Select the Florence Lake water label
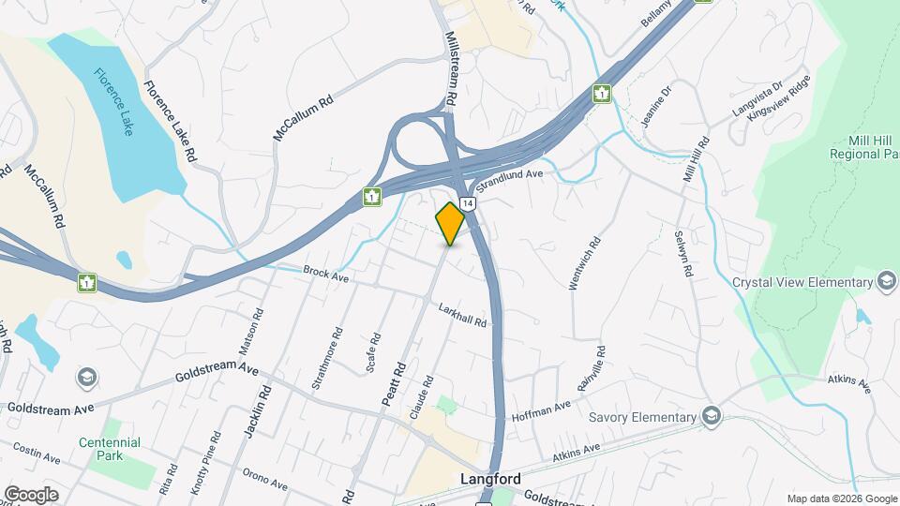(112, 102)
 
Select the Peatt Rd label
(393, 383)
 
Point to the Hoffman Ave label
(541, 410)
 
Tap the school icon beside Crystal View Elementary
(886, 282)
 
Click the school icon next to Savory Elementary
(712, 417)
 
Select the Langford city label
(491, 479)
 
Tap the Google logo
(31, 494)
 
